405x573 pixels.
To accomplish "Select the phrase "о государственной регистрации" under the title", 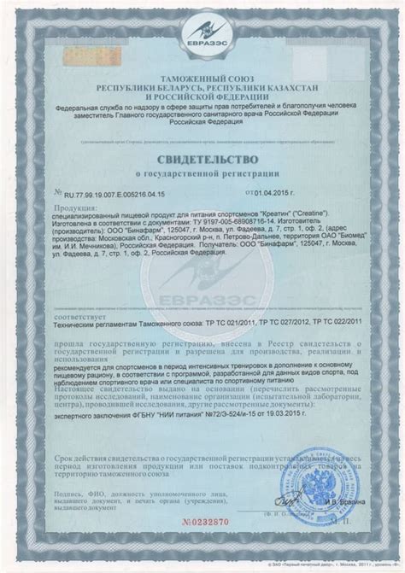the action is coord(202,175).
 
